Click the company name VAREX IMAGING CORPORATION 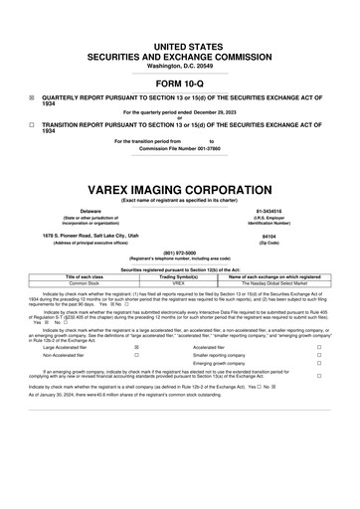179,188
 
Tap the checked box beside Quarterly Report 32,99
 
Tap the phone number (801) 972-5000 179,253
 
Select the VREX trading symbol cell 179,282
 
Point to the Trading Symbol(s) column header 179,275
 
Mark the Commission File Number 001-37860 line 179,149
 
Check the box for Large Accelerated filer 136,347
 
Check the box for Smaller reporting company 318,355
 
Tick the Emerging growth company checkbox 318,364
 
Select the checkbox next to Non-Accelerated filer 136,355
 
